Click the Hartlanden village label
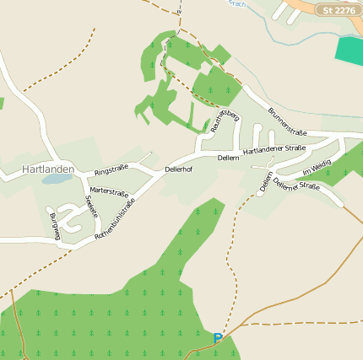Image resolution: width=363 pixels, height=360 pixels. point(48,169)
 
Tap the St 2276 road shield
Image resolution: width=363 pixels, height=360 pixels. point(339,10)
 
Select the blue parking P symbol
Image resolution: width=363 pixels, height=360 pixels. point(218,339)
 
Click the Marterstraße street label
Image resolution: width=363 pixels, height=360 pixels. point(108,191)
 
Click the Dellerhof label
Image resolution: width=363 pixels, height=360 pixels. point(178,169)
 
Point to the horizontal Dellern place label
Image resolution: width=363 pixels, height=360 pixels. point(229,158)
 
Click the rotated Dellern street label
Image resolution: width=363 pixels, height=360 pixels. point(266,182)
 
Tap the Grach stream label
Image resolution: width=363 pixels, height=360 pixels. point(237,3)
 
